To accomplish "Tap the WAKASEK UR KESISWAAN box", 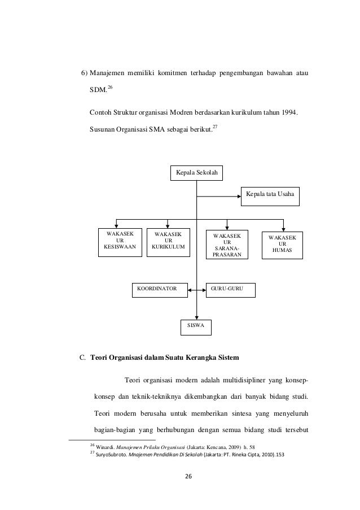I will [x=121, y=242].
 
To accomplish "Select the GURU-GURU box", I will [x=230, y=289].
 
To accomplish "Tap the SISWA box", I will [x=196, y=326].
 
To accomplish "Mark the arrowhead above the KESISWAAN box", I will [x=117, y=224].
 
